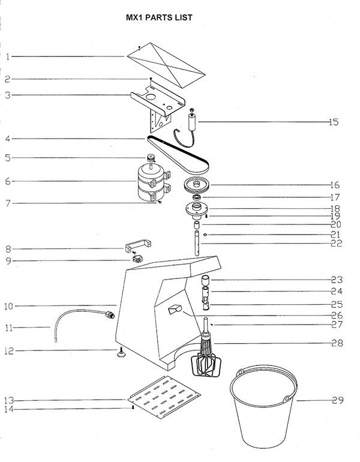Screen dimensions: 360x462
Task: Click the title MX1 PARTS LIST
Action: coord(159,17)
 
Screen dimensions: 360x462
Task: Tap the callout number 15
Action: coord(334,122)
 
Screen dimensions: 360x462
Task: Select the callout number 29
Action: coord(338,400)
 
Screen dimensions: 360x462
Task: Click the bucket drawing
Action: coord(263,407)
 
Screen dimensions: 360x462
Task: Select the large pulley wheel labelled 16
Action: coord(196,185)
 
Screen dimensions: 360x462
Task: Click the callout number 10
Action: coord(9,307)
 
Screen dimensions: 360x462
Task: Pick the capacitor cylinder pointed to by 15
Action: coord(193,122)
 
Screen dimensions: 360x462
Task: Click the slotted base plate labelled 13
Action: coord(164,397)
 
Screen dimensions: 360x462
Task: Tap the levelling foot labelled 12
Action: coord(121,353)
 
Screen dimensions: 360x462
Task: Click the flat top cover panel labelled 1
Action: coord(166,65)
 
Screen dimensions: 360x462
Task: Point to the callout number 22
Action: coord(336,244)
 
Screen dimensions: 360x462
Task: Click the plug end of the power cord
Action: coord(110,314)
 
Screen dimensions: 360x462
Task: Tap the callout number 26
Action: coord(337,316)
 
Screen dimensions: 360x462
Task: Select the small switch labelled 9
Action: coord(137,259)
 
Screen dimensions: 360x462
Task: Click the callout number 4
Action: coord(8,139)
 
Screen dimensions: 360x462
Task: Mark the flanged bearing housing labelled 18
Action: coord(196,210)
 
